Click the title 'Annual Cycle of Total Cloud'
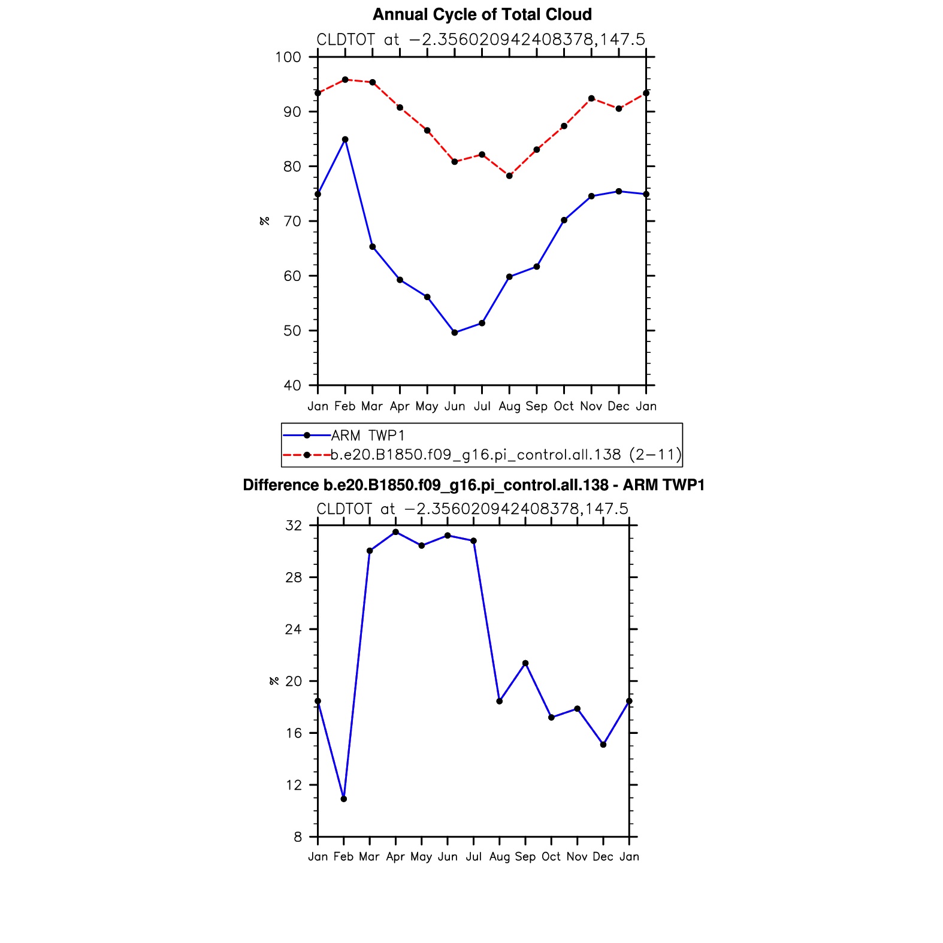482,14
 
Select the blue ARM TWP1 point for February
345,140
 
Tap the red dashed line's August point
509,176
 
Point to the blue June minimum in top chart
455,333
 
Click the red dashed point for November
591,98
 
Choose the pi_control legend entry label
506,455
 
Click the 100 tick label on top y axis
288,58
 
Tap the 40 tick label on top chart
292,385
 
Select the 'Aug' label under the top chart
509,406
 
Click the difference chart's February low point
344,799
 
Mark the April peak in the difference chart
395,532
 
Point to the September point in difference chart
525,663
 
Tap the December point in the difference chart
603,745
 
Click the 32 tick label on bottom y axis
294,525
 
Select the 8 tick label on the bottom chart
298,837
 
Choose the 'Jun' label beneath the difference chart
448,857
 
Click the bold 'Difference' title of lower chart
473,485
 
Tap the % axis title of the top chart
264,221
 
